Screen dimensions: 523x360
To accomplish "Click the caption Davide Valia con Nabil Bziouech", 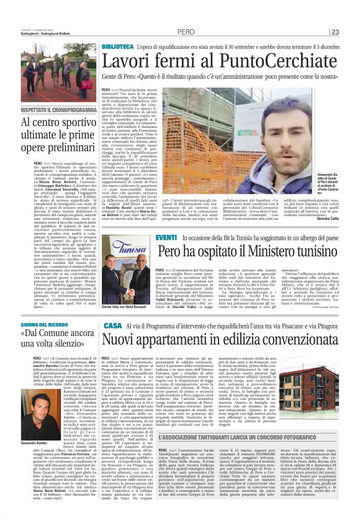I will click(x=128, y=291).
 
